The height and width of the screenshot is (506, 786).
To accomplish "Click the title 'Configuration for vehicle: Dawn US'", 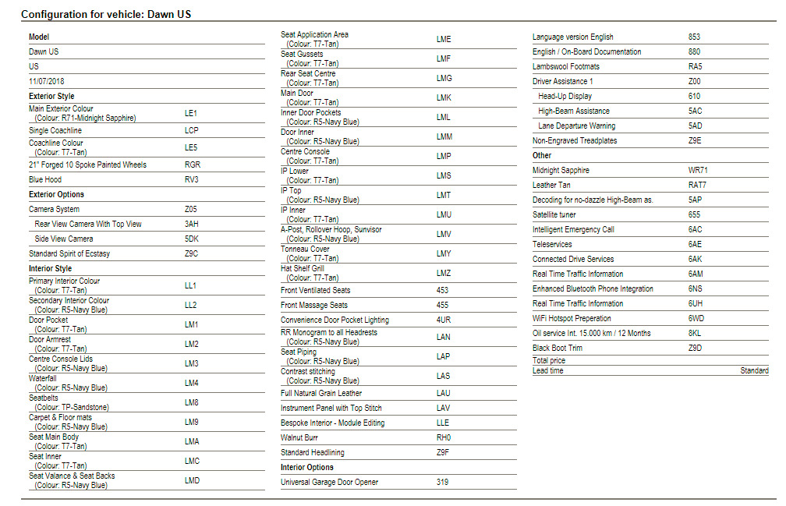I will click(x=106, y=14).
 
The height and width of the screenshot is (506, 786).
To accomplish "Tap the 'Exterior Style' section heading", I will click(x=51, y=96).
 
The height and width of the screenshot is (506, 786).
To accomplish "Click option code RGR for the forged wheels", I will click(x=192, y=165).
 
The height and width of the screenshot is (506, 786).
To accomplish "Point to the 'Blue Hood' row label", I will click(x=47, y=179).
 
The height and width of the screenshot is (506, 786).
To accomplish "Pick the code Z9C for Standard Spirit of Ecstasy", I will click(x=192, y=254).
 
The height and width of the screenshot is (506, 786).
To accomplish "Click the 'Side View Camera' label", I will click(x=64, y=239).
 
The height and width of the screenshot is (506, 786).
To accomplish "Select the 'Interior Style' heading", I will click(x=50, y=269).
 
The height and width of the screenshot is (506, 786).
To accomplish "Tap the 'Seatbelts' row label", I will click(x=44, y=398).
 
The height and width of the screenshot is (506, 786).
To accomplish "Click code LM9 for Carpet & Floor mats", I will click(x=192, y=422).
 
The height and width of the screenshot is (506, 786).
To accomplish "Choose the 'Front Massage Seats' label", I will click(x=314, y=306).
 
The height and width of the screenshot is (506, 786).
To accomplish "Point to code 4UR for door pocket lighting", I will click(x=444, y=320).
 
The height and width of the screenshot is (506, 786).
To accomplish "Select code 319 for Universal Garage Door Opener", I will click(x=442, y=483).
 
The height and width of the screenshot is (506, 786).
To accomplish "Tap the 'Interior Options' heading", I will click(x=307, y=468).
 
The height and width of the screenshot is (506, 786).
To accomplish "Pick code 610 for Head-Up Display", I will click(x=694, y=97).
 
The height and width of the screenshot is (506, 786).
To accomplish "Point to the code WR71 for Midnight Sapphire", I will click(x=698, y=171).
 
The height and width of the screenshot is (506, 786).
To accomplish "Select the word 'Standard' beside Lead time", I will click(x=754, y=371).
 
